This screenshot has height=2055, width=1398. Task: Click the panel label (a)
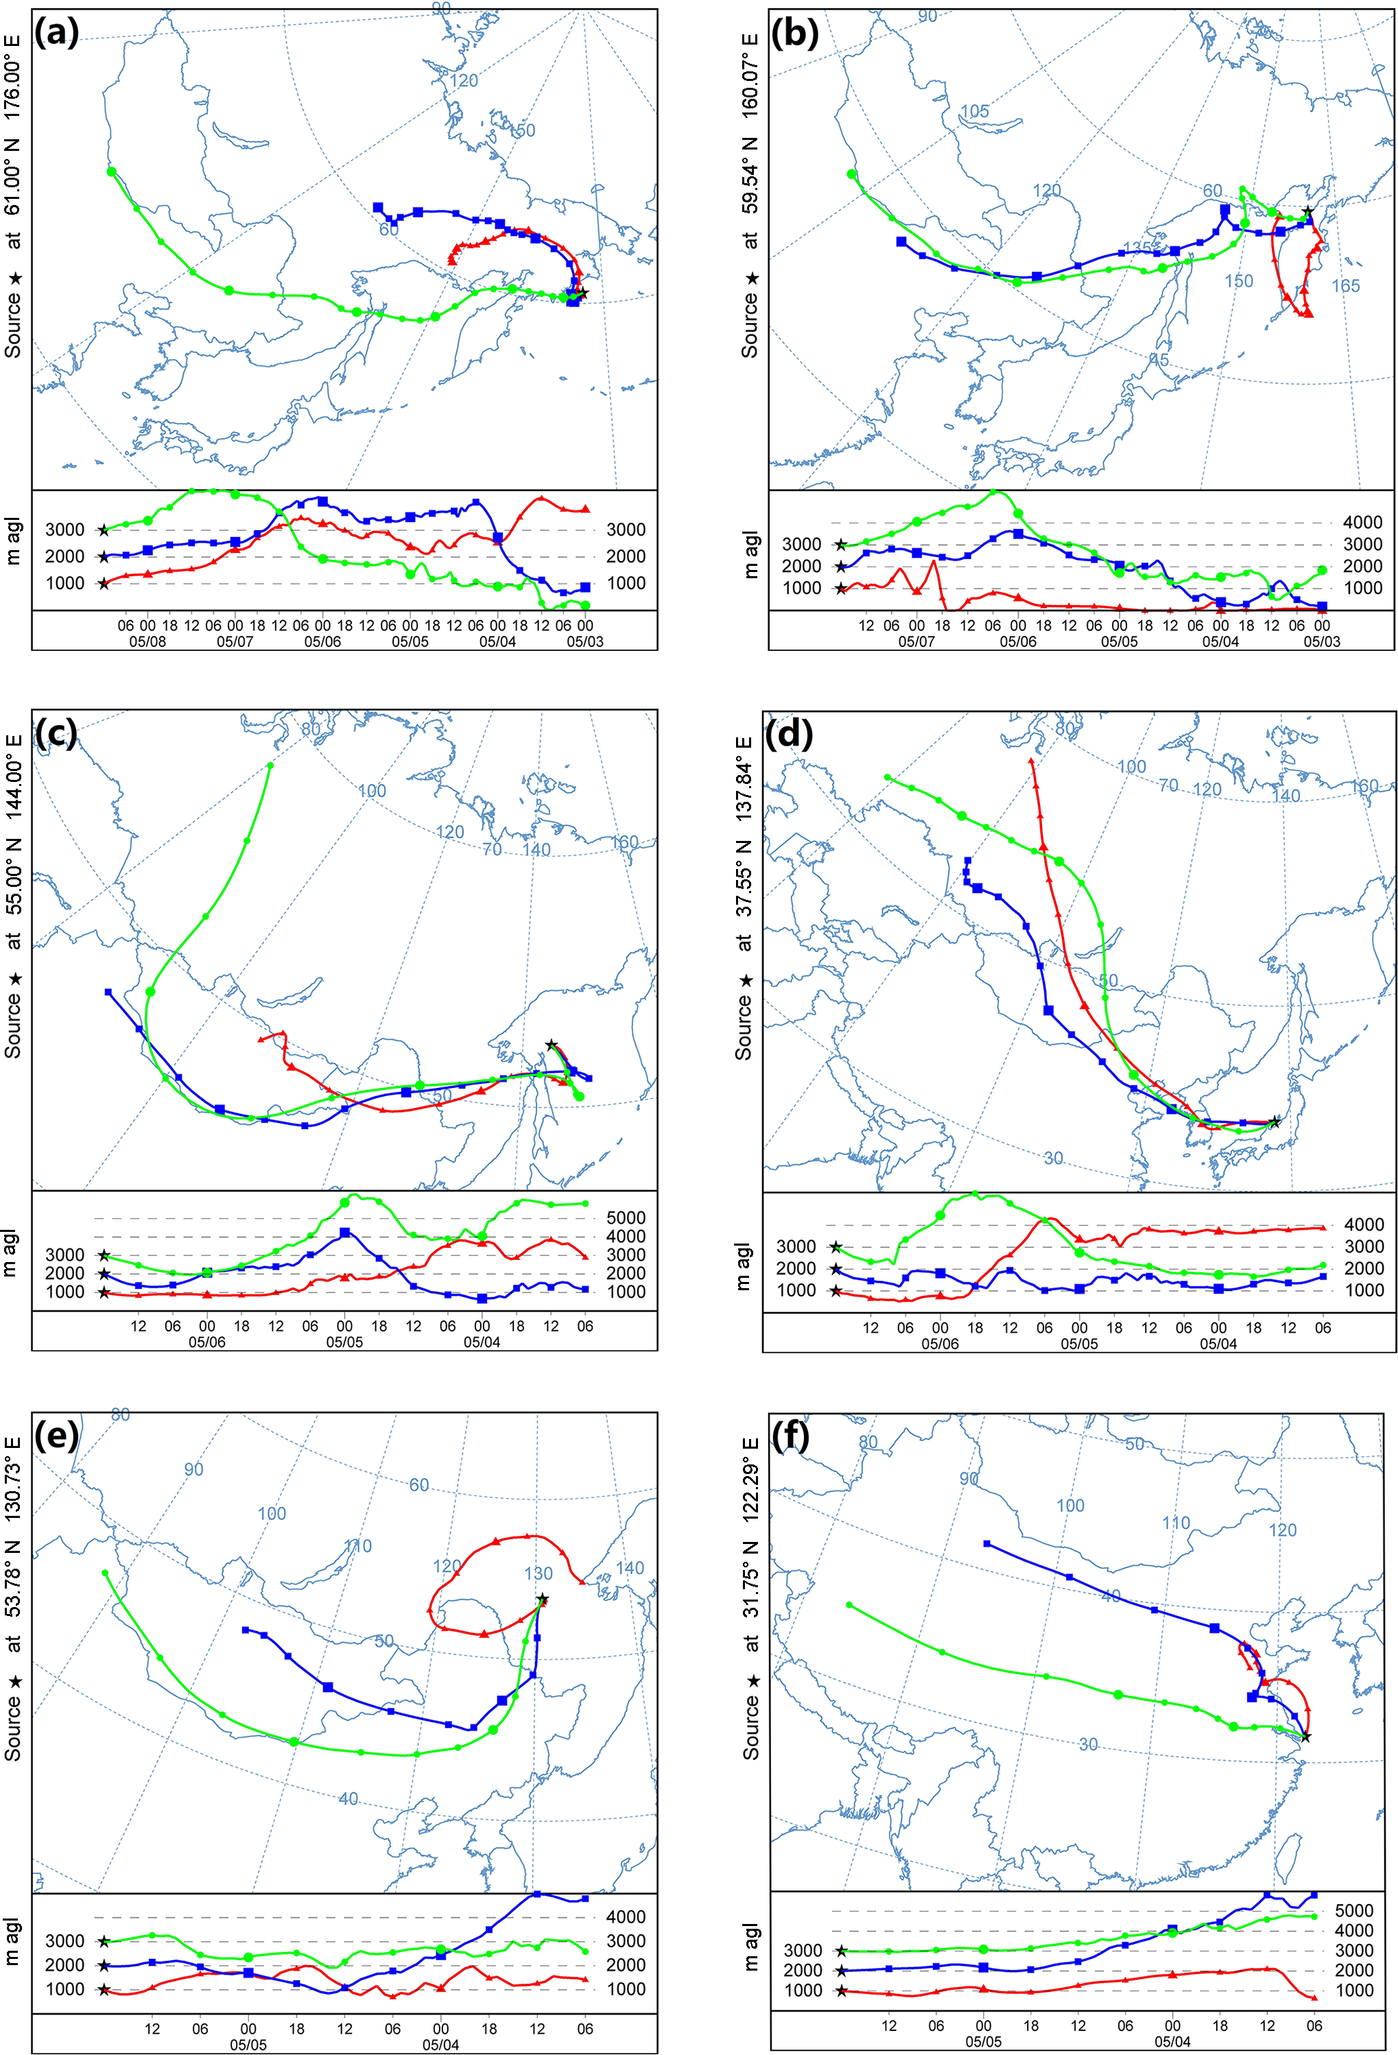click(x=56, y=33)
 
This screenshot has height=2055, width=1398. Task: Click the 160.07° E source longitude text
click(x=750, y=77)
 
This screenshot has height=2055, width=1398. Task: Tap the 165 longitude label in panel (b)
click(x=1345, y=285)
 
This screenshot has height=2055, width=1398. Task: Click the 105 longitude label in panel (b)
click(x=975, y=111)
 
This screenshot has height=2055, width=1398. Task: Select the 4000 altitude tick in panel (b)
click(x=1362, y=523)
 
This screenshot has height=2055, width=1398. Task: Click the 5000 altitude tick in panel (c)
click(x=625, y=1217)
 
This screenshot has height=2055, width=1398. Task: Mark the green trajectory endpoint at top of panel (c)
click(x=270, y=765)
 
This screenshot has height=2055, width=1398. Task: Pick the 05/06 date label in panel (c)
click(x=207, y=1342)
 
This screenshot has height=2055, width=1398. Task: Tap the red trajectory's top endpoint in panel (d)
click(x=1031, y=759)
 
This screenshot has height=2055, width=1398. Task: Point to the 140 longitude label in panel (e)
click(x=629, y=1569)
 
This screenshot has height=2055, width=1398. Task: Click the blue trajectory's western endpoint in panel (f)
click(x=987, y=1544)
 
